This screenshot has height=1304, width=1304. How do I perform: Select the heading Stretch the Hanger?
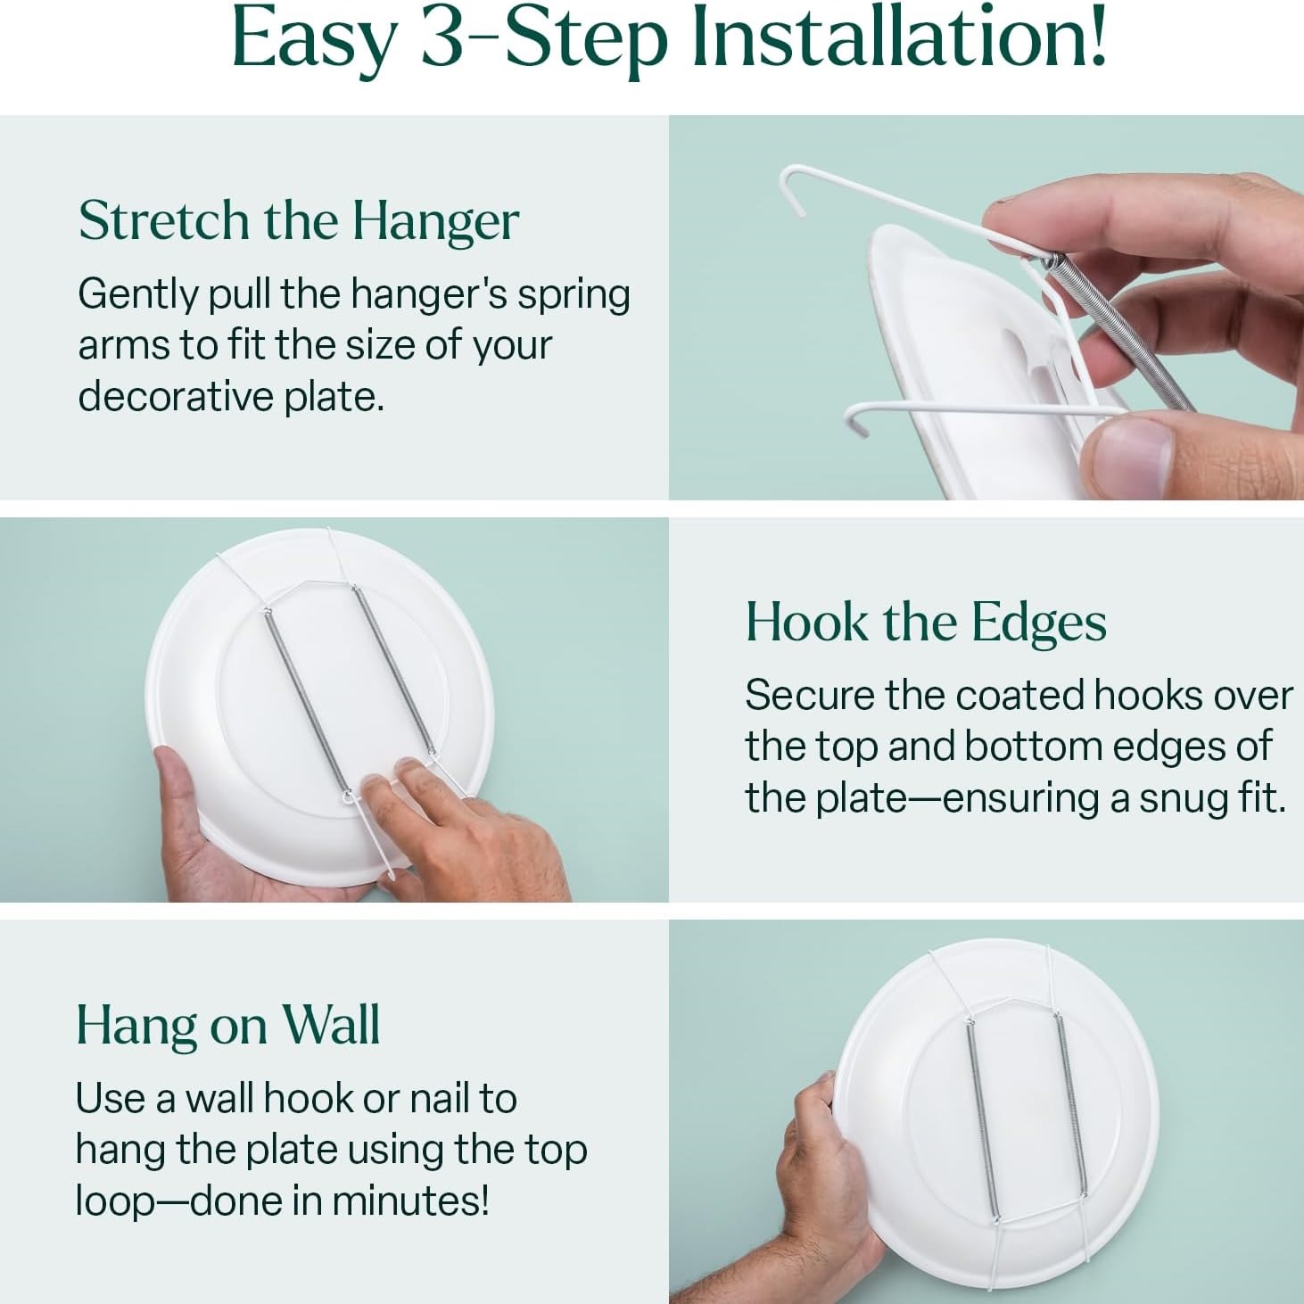pyautogui.click(x=299, y=220)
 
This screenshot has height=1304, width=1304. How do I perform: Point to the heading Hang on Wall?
pyautogui.click(x=228, y=1025)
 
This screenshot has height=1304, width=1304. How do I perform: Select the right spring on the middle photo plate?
pyautogui.click(x=394, y=670)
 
